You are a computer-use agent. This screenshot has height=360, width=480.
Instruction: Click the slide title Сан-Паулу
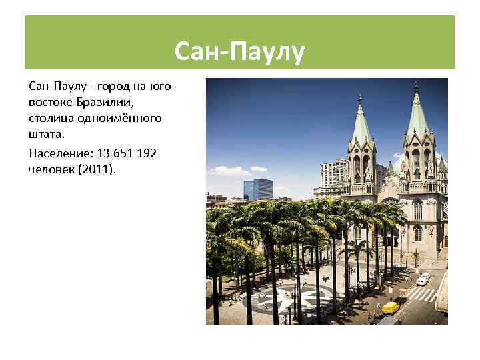[239, 51]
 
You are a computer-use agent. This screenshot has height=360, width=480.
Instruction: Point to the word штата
[46, 134]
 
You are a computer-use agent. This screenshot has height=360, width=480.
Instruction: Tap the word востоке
[49, 102]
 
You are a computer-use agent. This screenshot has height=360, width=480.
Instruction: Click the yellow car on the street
[390, 307]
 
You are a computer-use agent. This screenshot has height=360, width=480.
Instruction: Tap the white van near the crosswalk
[423, 279]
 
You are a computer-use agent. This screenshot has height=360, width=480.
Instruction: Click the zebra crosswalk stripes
[423, 294]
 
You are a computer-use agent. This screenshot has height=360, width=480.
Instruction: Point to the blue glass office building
[258, 189]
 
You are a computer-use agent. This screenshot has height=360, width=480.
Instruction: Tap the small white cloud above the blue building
[258, 169]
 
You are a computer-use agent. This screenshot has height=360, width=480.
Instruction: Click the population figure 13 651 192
[129, 153]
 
